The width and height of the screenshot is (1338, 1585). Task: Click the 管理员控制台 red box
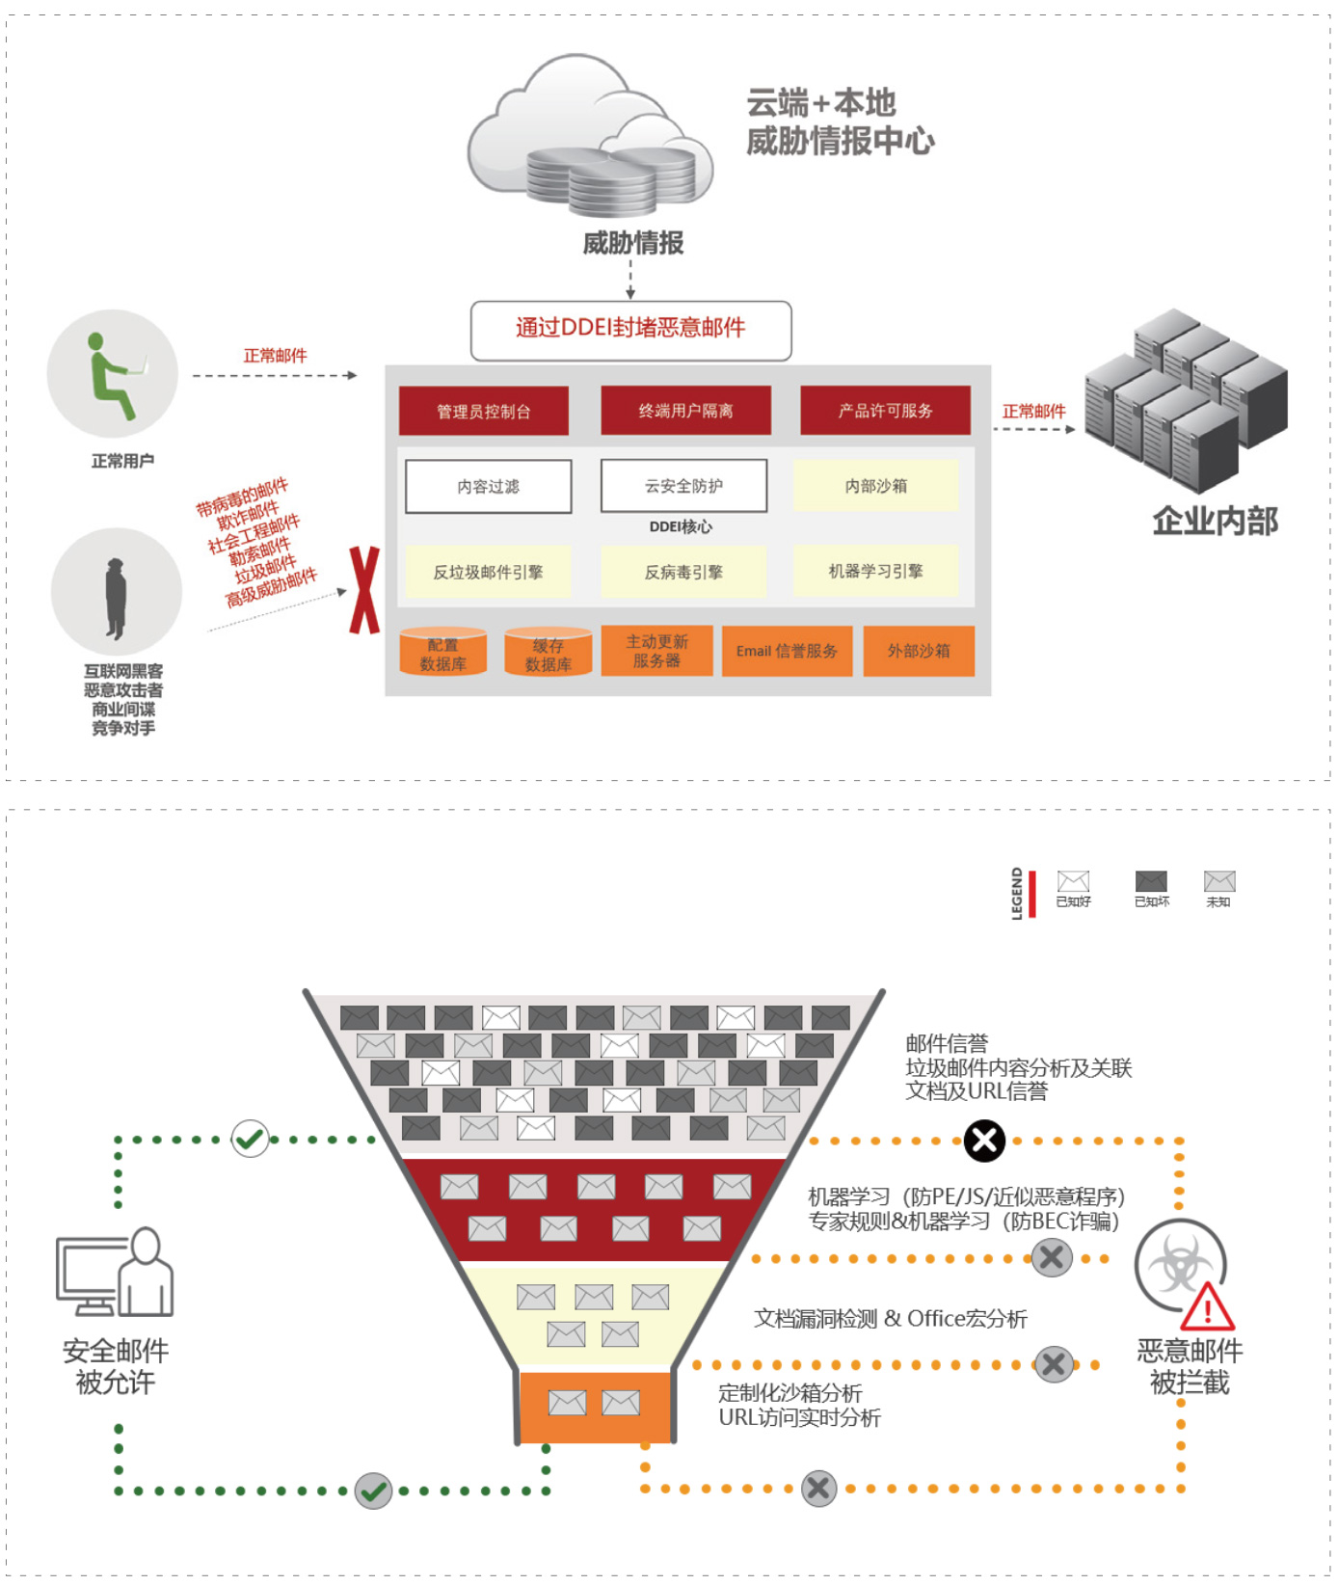[x=483, y=412]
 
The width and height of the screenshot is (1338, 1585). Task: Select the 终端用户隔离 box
[x=685, y=411]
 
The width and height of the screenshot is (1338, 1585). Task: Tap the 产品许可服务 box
[x=885, y=411]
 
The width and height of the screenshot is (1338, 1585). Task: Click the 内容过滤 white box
[x=488, y=486]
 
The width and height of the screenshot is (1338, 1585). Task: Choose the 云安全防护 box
[x=683, y=486]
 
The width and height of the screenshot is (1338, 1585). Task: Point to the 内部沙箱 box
[x=875, y=486]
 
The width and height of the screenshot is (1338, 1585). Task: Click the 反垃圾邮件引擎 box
[x=488, y=572]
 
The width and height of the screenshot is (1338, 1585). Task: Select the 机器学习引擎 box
[x=875, y=571]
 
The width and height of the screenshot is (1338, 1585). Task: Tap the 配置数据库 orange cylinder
[x=442, y=653]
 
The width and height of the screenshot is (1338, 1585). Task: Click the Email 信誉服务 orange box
[x=787, y=651]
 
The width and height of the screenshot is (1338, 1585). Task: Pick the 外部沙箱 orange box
[x=918, y=651]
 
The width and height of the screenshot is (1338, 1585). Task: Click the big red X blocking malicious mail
[x=364, y=590]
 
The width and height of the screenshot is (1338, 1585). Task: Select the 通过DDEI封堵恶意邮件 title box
[x=630, y=330]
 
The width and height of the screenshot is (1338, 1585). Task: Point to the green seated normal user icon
[x=113, y=375]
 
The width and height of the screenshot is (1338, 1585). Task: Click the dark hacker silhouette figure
[x=116, y=598]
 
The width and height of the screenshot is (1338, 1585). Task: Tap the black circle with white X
[x=984, y=1141]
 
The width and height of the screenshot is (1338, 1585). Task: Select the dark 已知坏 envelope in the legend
[x=1151, y=881]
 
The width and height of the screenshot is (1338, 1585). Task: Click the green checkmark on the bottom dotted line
[x=373, y=1491]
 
